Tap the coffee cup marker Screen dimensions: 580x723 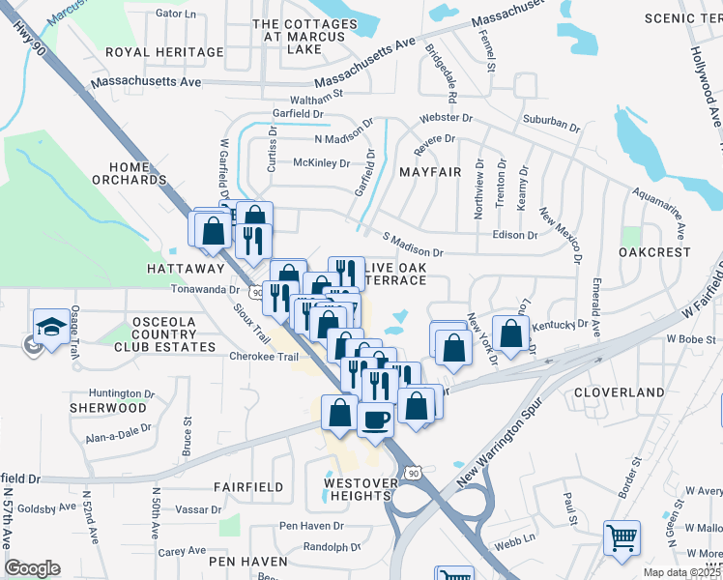coord(374,420)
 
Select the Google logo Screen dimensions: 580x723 coord(32,568)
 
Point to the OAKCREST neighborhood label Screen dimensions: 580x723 coord(656,251)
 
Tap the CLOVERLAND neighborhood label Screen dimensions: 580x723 coord(619,392)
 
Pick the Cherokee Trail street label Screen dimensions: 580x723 coord(264,356)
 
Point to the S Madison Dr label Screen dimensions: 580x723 coord(414,245)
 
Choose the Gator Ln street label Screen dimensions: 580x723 coord(175,14)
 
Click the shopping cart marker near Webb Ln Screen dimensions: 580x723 coord(621,537)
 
